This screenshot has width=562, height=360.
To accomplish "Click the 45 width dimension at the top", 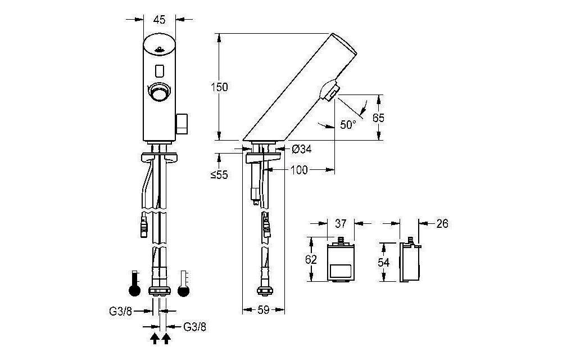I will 159,20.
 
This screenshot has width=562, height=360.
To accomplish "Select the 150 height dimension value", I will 219,87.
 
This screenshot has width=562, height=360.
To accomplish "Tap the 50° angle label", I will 348,125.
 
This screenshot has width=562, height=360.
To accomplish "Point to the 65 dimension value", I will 378,118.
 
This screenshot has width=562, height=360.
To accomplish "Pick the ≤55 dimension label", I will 219,175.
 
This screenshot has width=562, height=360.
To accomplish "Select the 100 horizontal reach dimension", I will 299,170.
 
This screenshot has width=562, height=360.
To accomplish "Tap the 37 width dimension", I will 341,223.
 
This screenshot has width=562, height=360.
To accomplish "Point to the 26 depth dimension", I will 442,224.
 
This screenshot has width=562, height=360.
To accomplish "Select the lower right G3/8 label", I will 195,326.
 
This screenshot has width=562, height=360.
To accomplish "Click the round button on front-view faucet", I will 158,91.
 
